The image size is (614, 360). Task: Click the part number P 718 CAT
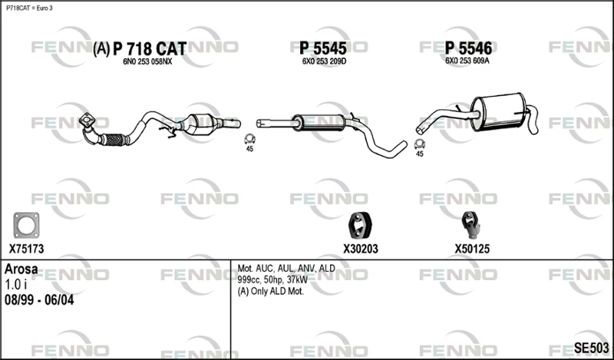150,49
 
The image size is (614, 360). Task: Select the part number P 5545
323,48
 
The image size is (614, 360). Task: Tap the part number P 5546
468,48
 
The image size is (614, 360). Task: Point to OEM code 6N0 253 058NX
147,62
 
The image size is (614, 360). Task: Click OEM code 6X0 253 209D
324,61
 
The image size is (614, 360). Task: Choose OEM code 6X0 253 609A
467,61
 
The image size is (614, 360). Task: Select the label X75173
26,249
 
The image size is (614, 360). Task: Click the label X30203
361,249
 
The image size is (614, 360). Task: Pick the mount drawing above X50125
470,225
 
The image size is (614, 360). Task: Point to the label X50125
472,249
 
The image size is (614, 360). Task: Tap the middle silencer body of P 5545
319,123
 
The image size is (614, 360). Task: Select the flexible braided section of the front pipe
114,140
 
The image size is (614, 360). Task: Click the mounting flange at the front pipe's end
87,120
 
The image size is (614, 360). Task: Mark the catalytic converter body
201,124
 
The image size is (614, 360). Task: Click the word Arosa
21,269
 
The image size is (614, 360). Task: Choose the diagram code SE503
591,348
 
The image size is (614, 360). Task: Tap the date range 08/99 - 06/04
39,300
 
